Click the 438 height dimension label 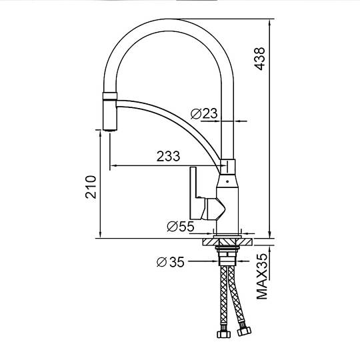tap(259, 59)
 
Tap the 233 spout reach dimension tap(168, 157)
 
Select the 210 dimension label tap(91, 187)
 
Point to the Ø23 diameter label tap(204, 113)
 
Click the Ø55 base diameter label tap(181, 227)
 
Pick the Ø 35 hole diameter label tap(171, 262)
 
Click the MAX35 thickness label tap(262, 276)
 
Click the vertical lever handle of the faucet tap(193, 193)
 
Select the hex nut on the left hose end tap(223, 334)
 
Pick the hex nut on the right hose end tap(244, 331)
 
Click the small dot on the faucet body tap(227, 181)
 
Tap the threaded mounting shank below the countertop tap(227, 256)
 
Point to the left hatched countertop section tap(211, 242)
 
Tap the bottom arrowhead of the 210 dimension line tap(100, 234)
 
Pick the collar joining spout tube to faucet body tap(228, 167)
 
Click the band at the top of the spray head tap(110, 97)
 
